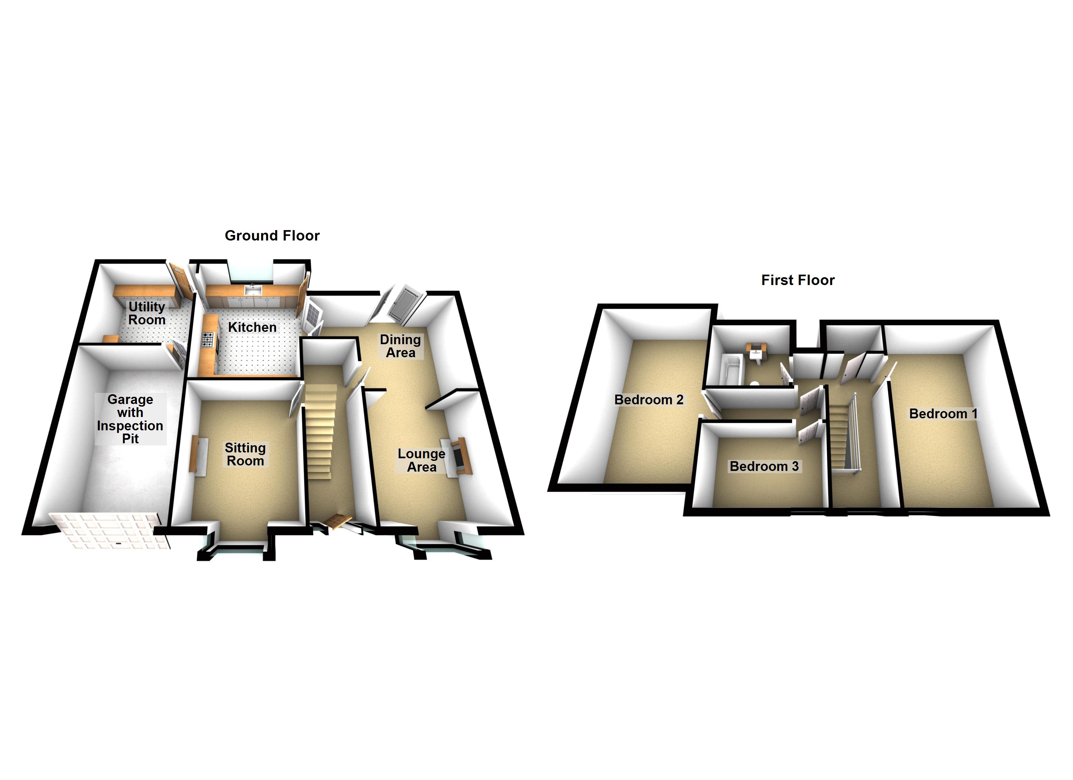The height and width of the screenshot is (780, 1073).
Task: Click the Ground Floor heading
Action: coord(272,236)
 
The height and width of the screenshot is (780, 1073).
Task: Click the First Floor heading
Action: coord(798,280)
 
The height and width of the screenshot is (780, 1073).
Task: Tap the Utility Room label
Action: coord(147,313)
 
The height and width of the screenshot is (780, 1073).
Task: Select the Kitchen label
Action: coord(252,327)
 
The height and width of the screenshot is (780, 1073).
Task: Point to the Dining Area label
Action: coord(400,346)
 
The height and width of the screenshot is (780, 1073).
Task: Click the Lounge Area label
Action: coord(421,460)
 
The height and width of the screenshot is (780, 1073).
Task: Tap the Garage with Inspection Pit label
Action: coord(130,419)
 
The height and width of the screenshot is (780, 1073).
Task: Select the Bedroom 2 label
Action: coord(649,400)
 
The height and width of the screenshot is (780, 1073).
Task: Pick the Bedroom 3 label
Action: coord(764,466)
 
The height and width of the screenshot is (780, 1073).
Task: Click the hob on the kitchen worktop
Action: coord(208,340)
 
